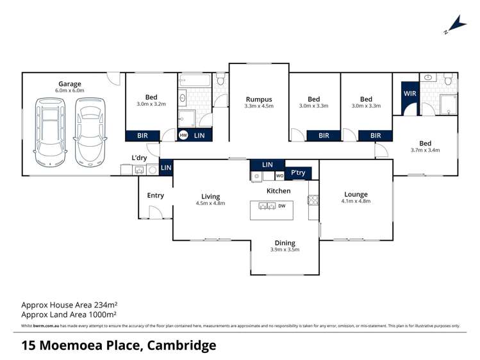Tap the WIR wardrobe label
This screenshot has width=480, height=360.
point(410,94)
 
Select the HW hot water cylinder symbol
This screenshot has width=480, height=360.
point(183,136)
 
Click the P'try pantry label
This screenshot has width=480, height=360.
point(299,173)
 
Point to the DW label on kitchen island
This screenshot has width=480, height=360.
point(281,206)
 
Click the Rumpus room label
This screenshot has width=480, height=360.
point(258,99)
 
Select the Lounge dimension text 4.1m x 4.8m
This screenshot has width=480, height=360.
point(356,201)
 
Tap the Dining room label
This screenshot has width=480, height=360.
point(285,243)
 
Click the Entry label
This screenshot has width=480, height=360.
point(155,195)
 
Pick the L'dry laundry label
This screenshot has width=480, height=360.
point(140,158)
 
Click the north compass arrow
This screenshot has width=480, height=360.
point(454,25)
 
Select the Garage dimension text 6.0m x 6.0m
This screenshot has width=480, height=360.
point(70,91)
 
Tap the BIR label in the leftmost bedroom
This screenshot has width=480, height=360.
point(142,136)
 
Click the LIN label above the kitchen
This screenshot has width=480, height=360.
point(267,165)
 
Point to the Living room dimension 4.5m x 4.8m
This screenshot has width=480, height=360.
point(210,204)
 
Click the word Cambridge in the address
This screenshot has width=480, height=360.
point(181,346)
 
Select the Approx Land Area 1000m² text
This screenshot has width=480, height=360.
point(69,315)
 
